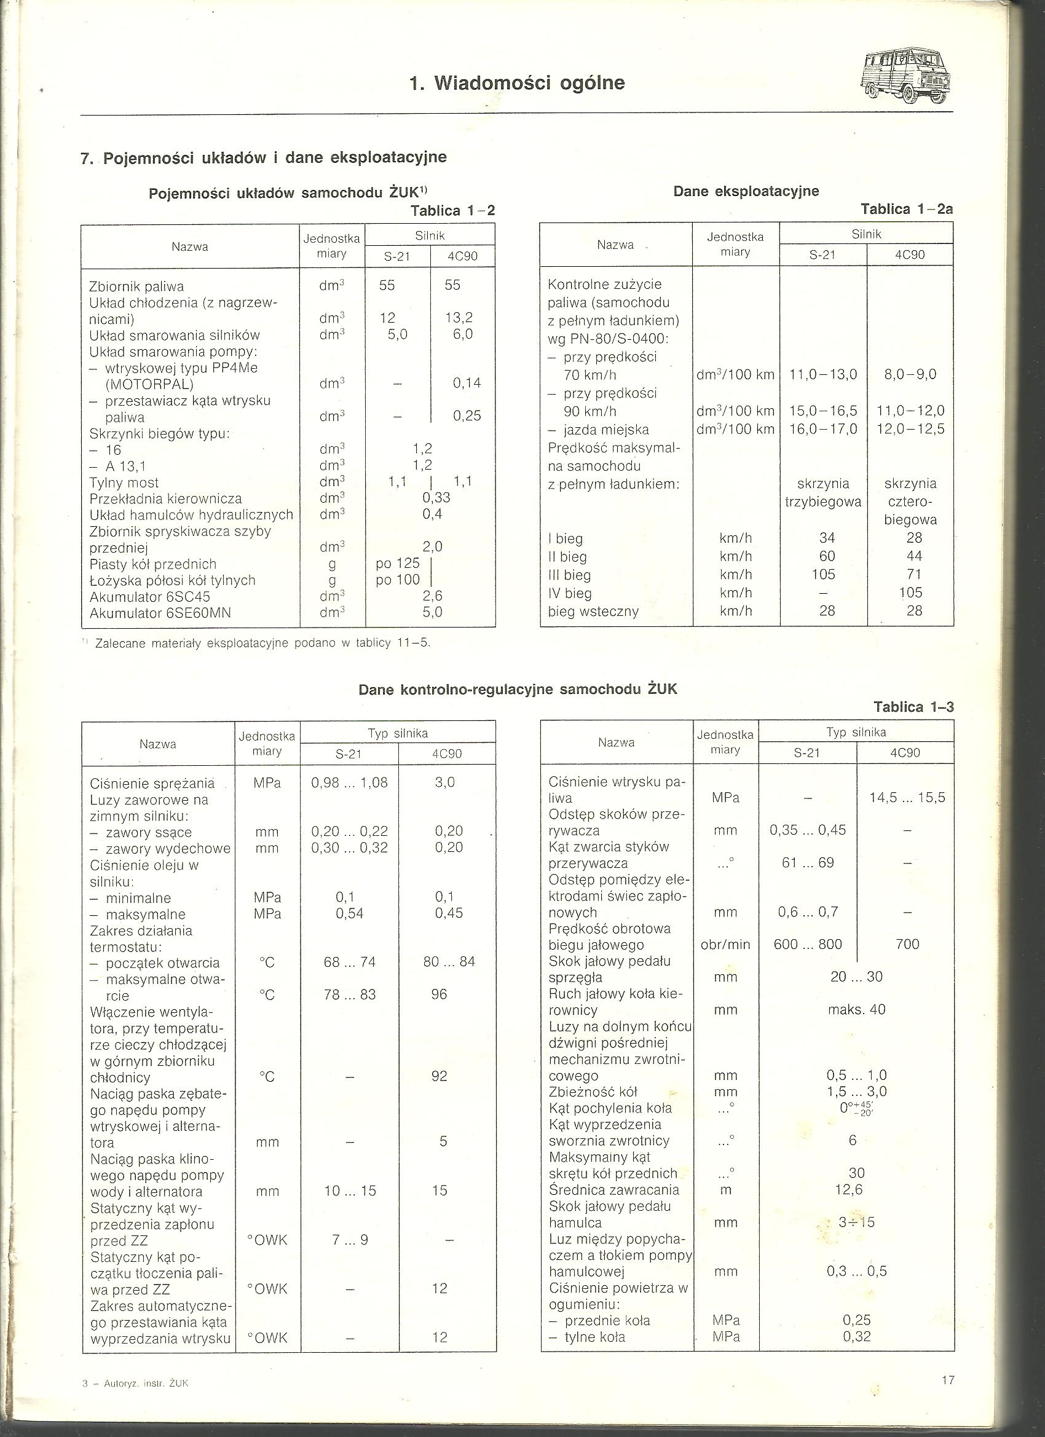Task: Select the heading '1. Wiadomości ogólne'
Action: [x=517, y=83]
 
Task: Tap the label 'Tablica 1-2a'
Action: [x=906, y=208]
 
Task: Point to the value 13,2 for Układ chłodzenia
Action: [x=459, y=317]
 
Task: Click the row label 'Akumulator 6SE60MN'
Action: [x=160, y=613]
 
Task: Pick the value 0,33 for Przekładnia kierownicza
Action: [x=436, y=497]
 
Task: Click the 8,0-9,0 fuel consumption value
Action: [x=910, y=374]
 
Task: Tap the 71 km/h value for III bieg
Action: [x=914, y=575]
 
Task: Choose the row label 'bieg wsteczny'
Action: [x=593, y=612]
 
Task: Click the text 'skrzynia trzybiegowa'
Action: [x=822, y=492]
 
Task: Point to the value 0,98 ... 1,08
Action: [x=349, y=782]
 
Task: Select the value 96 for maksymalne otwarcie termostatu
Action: [x=439, y=994]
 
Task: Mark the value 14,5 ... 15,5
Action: [x=907, y=798]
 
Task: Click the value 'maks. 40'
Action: [x=856, y=1009]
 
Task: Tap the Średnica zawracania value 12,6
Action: [x=848, y=1189]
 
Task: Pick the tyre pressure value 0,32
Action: [x=856, y=1336]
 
